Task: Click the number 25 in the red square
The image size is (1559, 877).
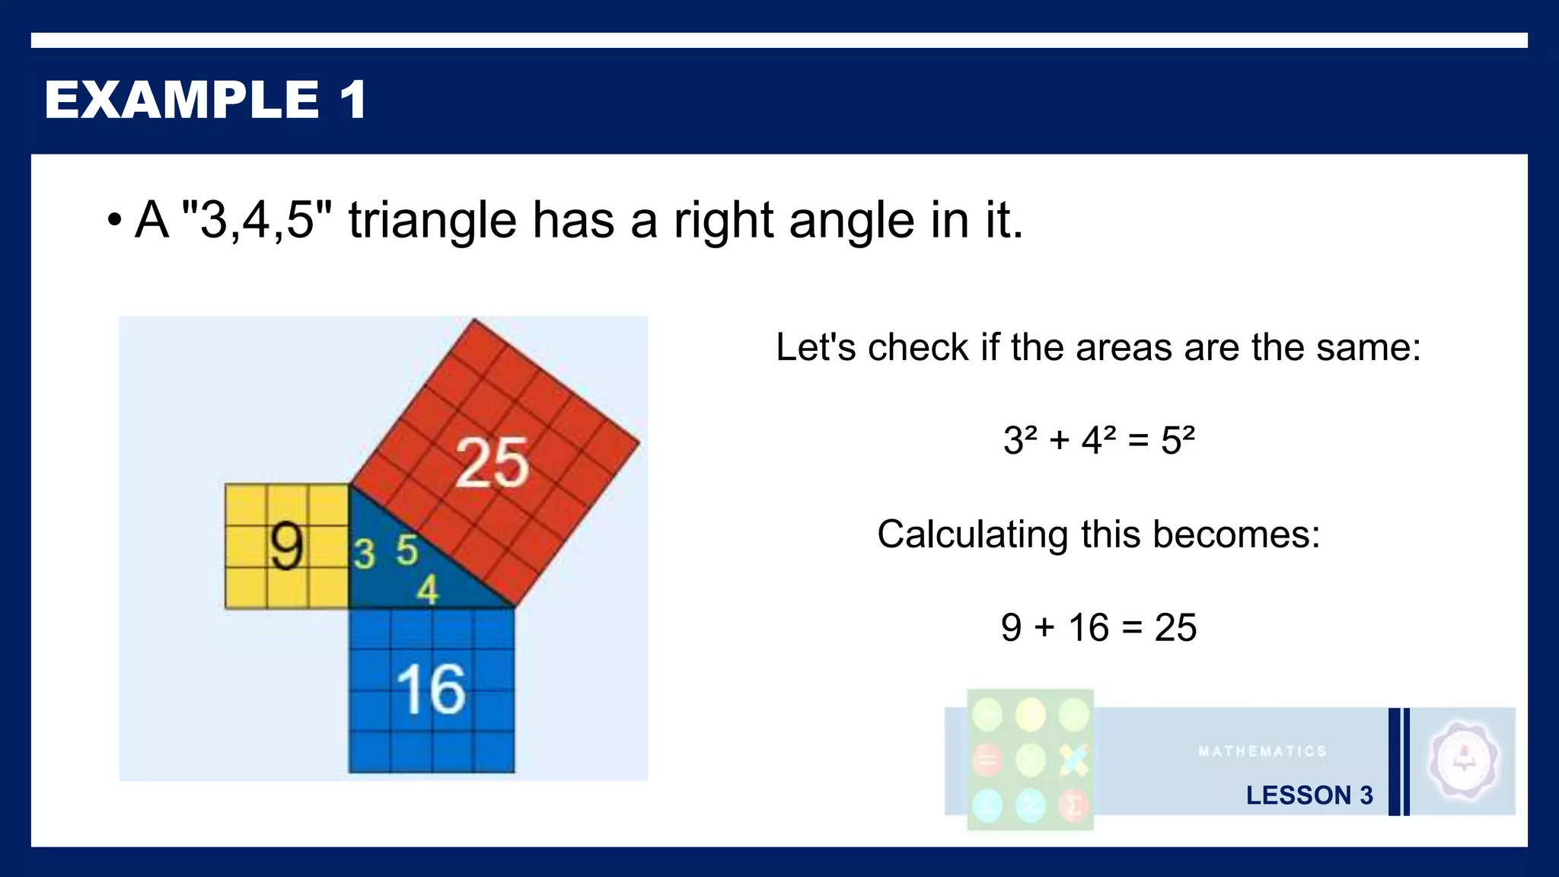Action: [x=492, y=462]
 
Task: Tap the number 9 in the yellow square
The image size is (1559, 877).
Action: [x=287, y=547]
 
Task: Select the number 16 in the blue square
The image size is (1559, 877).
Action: [x=431, y=689]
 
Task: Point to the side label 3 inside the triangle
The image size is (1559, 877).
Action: [x=364, y=553]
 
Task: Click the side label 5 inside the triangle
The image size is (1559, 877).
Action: [x=407, y=550]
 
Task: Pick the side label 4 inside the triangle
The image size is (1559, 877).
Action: [x=428, y=590]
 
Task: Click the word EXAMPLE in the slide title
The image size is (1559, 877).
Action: [x=182, y=100]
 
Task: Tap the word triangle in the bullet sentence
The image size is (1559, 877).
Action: [x=432, y=221]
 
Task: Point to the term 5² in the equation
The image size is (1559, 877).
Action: [x=1178, y=440]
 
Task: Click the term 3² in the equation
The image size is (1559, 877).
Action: [x=1020, y=440]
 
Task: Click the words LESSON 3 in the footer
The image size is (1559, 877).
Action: [x=1309, y=795]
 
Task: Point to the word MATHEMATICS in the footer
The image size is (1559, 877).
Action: [x=1262, y=751]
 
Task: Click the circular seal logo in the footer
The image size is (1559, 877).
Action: [x=1463, y=760]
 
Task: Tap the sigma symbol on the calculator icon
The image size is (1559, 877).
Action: [x=1073, y=805]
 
